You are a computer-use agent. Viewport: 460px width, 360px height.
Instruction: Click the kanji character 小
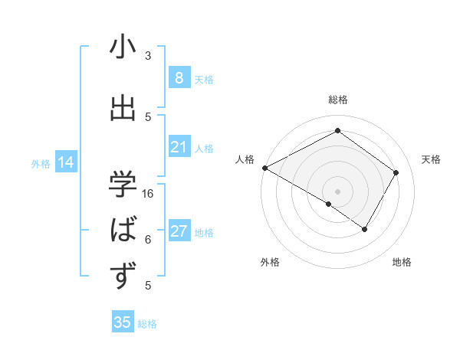pyautogui.click(x=123, y=48)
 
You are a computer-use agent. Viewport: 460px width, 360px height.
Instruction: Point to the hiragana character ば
pyautogui.click(x=123, y=229)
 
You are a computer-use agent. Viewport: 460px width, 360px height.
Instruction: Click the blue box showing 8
pyautogui.click(x=179, y=78)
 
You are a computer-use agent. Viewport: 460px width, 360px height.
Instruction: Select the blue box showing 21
pyautogui.click(x=179, y=147)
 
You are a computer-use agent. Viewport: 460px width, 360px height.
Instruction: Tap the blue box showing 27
pyautogui.click(x=179, y=231)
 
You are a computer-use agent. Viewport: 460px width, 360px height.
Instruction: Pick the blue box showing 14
pyautogui.click(x=66, y=162)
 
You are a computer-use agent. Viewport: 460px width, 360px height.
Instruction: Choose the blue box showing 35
pyautogui.click(x=123, y=322)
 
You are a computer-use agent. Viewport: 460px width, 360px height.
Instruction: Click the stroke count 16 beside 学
pyautogui.click(x=148, y=193)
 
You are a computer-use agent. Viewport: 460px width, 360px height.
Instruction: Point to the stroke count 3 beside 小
pyautogui.click(x=148, y=56)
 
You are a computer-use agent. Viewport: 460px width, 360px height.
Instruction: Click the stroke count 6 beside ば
pyautogui.click(x=148, y=239)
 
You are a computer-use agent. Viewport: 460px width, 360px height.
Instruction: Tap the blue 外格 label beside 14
pyautogui.click(x=41, y=163)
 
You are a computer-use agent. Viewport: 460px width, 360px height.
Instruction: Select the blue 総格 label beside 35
pyautogui.click(x=147, y=324)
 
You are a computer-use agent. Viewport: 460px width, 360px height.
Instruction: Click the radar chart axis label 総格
pyautogui.click(x=337, y=100)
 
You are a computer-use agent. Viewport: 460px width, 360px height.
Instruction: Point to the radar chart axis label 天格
pyautogui.click(x=432, y=159)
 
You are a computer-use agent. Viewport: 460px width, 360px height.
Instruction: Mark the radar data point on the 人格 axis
pyautogui.click(x=264, y=168)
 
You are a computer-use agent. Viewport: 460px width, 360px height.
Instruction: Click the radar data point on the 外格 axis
pyautogui.click(x=329, y=204)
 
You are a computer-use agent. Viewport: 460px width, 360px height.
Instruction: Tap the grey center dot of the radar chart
pyautogui.click(x=337, y=191)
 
